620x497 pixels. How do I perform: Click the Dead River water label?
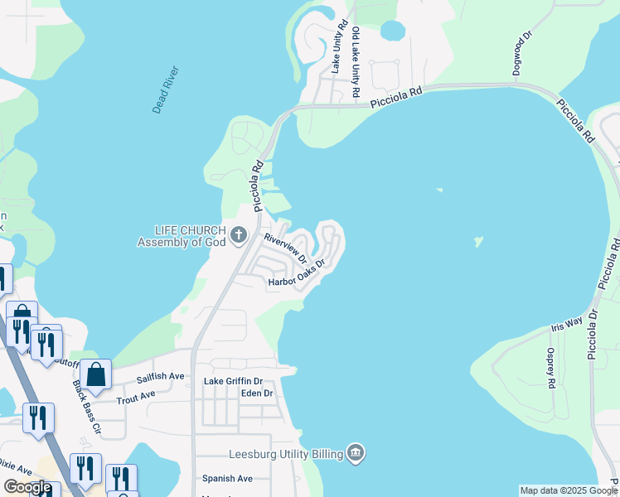(165, 89)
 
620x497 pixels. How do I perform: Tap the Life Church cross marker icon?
(239, 234)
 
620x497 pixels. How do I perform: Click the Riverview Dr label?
(286, 248)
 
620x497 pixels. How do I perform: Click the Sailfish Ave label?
(162, 376)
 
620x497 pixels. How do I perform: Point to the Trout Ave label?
(137, 395)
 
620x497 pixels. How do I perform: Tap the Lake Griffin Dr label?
(233, 382)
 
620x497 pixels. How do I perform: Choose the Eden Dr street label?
(256, 393)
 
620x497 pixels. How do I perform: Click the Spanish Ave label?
(227, 479)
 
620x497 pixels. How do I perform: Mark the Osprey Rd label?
(550, 367)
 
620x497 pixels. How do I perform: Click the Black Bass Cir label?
(85, 408)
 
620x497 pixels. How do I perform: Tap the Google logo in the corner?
(27, 487)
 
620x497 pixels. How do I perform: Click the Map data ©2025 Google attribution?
(569, 490)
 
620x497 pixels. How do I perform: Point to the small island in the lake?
(477, 242)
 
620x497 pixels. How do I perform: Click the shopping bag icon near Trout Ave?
(96, 374)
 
